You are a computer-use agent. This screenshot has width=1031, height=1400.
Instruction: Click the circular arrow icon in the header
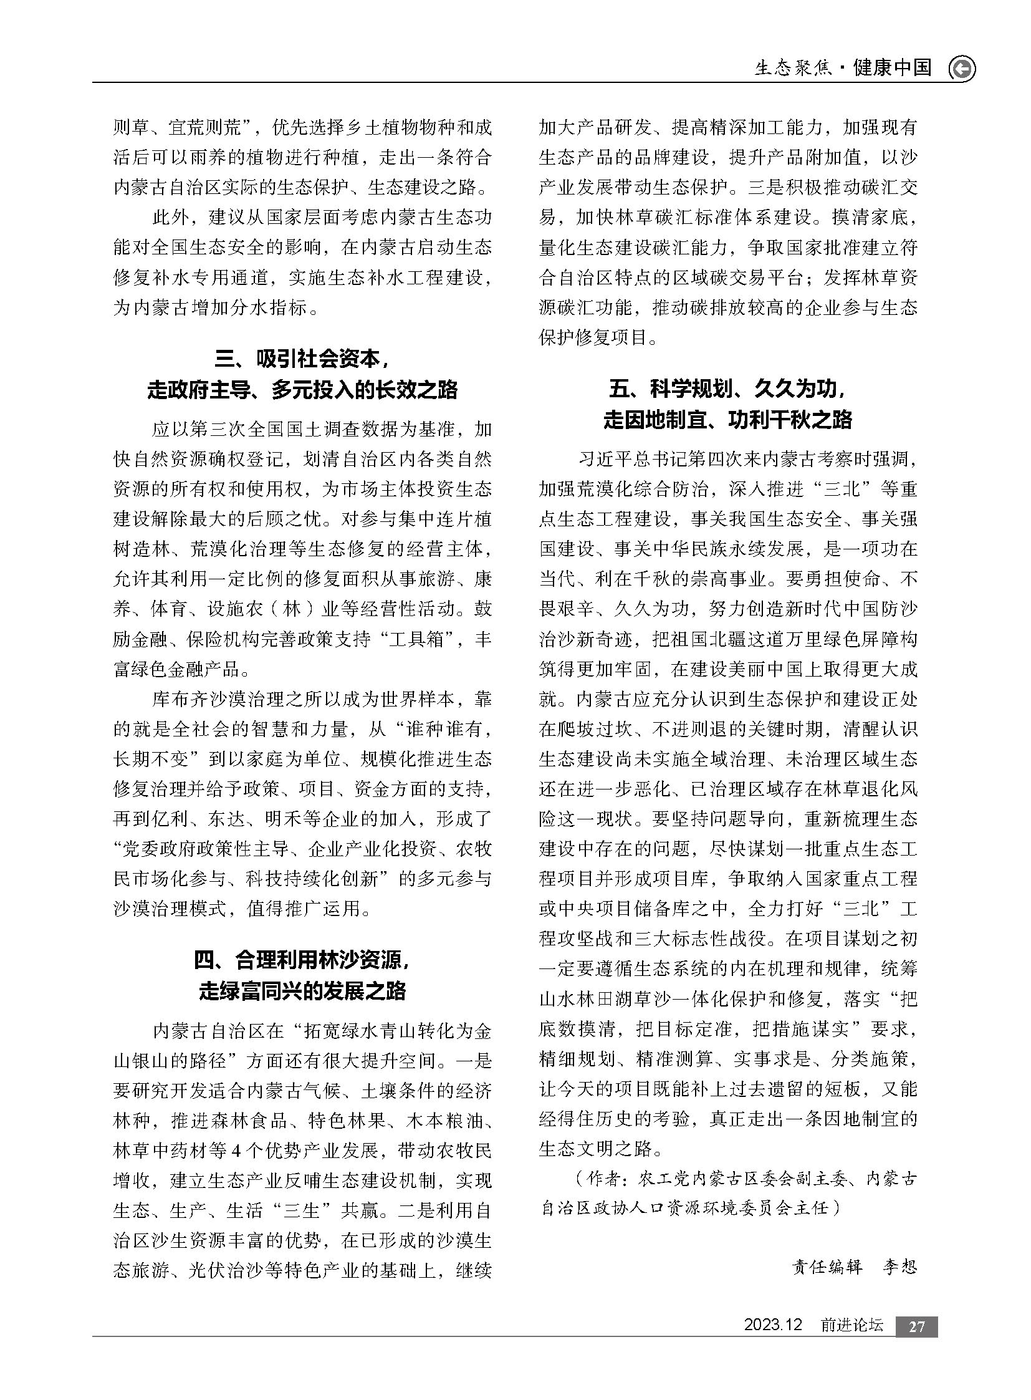pos(962,69)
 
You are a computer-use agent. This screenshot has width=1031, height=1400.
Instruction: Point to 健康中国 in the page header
pos(893,67)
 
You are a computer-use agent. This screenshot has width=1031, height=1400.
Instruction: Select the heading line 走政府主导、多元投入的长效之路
pos(302,390)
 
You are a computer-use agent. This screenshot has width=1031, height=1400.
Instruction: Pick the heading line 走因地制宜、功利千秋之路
pos(727,420)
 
